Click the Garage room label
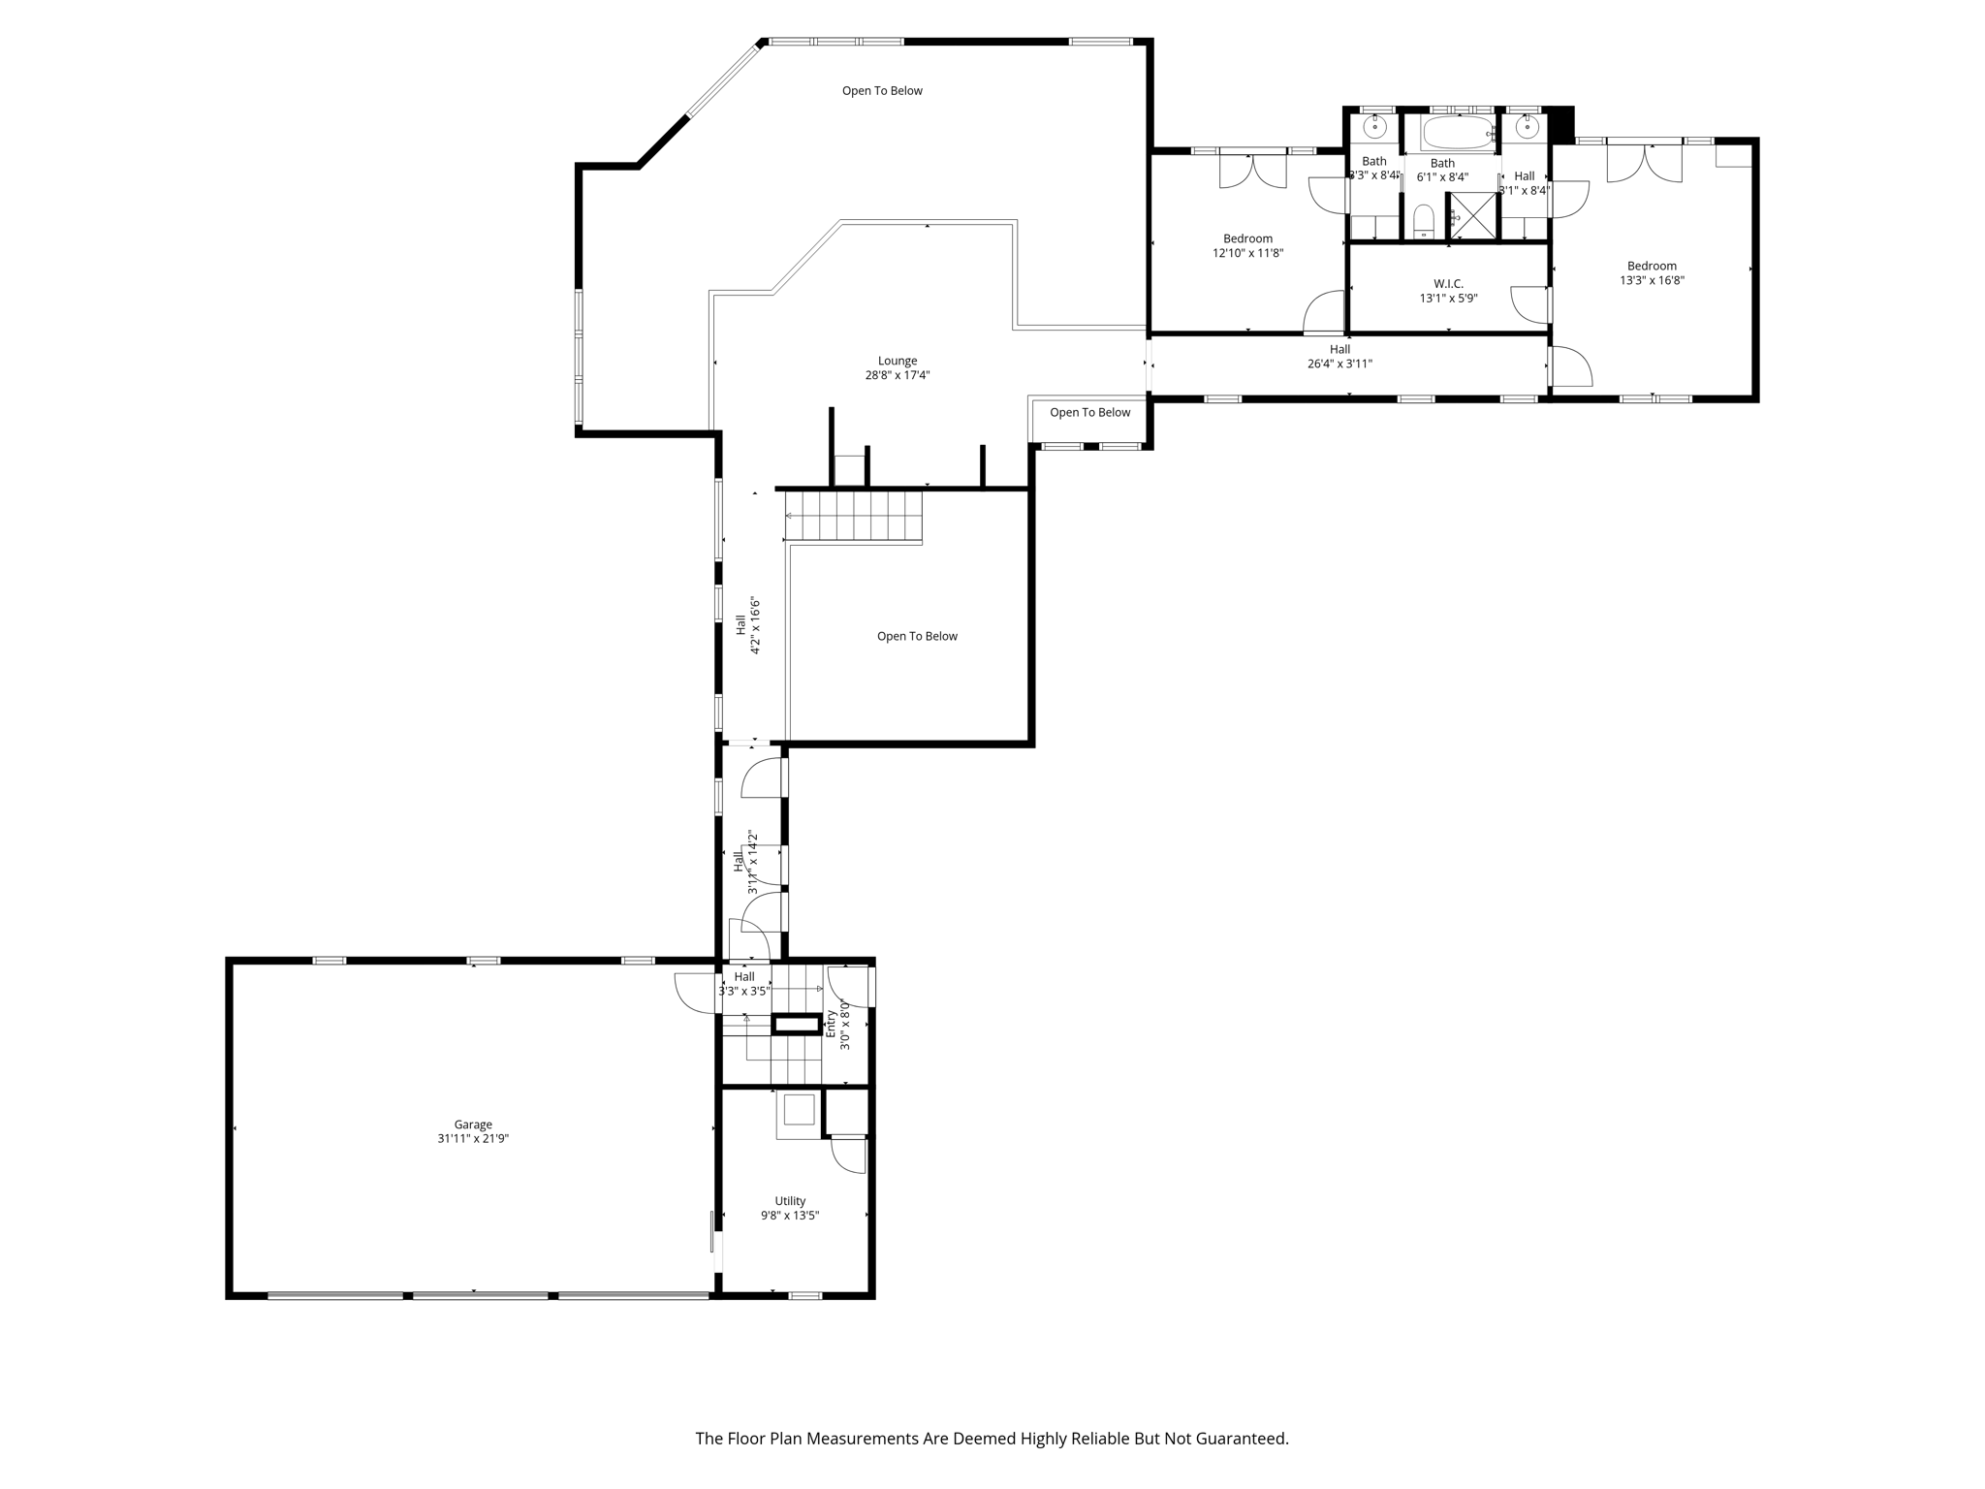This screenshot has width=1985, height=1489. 473,1125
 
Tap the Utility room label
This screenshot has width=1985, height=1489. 790,1201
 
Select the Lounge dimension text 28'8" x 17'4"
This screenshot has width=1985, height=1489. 898,375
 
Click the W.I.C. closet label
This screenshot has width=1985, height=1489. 1448,284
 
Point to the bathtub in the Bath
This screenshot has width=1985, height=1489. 1457,132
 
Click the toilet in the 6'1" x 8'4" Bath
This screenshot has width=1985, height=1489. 1423,221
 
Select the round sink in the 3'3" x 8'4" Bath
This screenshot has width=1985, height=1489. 1374,126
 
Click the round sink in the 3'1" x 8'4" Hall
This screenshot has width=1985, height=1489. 1528,126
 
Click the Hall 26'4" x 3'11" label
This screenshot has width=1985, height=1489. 1339,356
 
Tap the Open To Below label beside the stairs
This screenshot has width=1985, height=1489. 917,636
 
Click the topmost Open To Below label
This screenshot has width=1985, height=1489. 882,91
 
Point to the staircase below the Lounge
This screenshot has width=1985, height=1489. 853,516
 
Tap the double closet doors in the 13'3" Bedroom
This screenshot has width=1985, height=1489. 1644,163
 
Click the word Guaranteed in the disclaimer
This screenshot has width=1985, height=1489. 1241,1439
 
